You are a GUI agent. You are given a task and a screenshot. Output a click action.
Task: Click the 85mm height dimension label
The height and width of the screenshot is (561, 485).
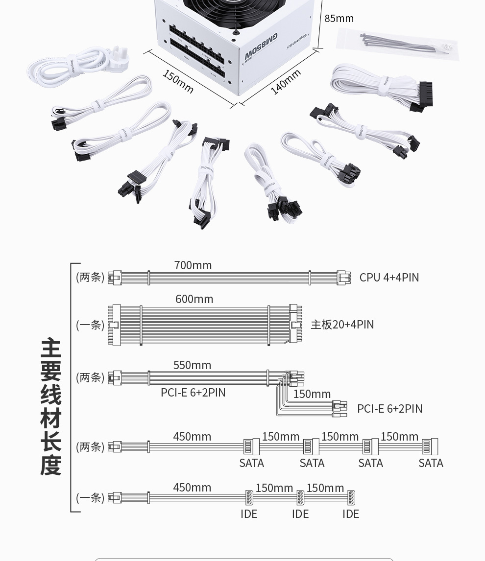point(339,19)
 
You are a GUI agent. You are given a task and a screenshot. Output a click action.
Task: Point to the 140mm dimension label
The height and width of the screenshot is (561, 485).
point(286,82)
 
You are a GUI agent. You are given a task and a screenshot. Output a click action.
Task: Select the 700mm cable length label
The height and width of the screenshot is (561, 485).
point(193,265)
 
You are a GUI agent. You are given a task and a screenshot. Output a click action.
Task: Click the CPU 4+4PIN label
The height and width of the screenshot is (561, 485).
point(389,278)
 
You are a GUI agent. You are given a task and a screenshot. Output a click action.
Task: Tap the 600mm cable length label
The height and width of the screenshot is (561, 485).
point(194,299)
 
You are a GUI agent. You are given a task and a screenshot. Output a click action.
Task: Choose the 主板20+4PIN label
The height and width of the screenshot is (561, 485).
point(342,325)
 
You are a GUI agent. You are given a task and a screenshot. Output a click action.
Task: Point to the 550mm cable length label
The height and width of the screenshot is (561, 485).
point(192,365)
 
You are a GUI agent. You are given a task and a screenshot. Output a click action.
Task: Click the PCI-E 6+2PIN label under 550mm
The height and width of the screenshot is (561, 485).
point(193,393)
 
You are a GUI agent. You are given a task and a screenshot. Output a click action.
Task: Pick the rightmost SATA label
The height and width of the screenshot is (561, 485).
point(431,463)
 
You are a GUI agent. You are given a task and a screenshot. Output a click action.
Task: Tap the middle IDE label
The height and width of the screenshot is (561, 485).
point(300,514)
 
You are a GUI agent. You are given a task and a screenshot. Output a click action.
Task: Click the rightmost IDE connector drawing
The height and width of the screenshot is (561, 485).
point(351,497)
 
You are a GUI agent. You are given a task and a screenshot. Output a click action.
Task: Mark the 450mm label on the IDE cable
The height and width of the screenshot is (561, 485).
point(192,488)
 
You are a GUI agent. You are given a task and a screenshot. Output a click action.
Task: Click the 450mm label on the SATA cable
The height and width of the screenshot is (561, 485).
point(192,437)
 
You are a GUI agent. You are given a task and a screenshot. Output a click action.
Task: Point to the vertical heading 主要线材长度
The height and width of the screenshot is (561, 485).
point(51,406)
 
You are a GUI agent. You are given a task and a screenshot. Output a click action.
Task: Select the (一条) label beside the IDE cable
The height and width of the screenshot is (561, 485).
point(90,498)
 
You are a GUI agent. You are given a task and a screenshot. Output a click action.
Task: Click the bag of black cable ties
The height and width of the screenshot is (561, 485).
point(397,44)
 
